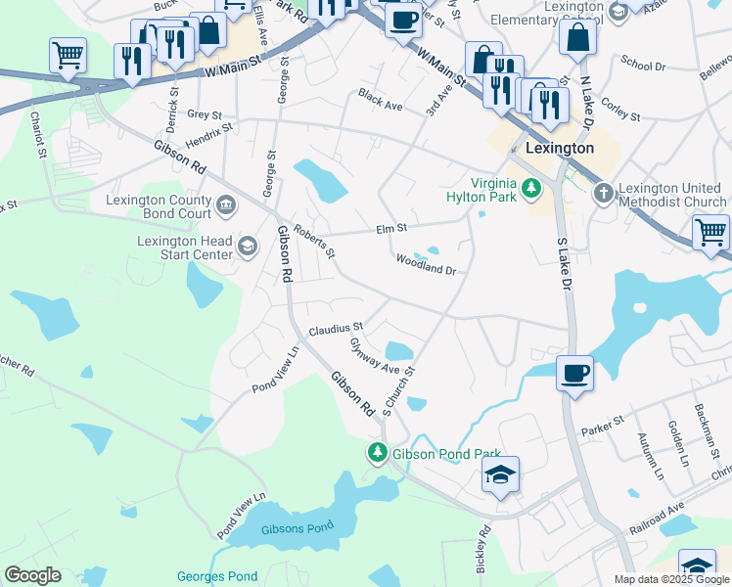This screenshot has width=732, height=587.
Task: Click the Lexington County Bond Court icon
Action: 226,204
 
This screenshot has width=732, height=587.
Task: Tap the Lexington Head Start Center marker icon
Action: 247,248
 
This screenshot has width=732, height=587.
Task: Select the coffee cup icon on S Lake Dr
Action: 573,372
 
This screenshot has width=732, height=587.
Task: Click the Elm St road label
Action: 390,230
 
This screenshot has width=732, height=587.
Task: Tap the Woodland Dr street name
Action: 427,263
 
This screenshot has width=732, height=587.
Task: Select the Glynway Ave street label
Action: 376,356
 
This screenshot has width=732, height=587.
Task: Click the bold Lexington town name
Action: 559,148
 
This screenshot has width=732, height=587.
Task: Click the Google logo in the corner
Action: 32,574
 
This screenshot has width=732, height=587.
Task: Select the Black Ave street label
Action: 381,99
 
